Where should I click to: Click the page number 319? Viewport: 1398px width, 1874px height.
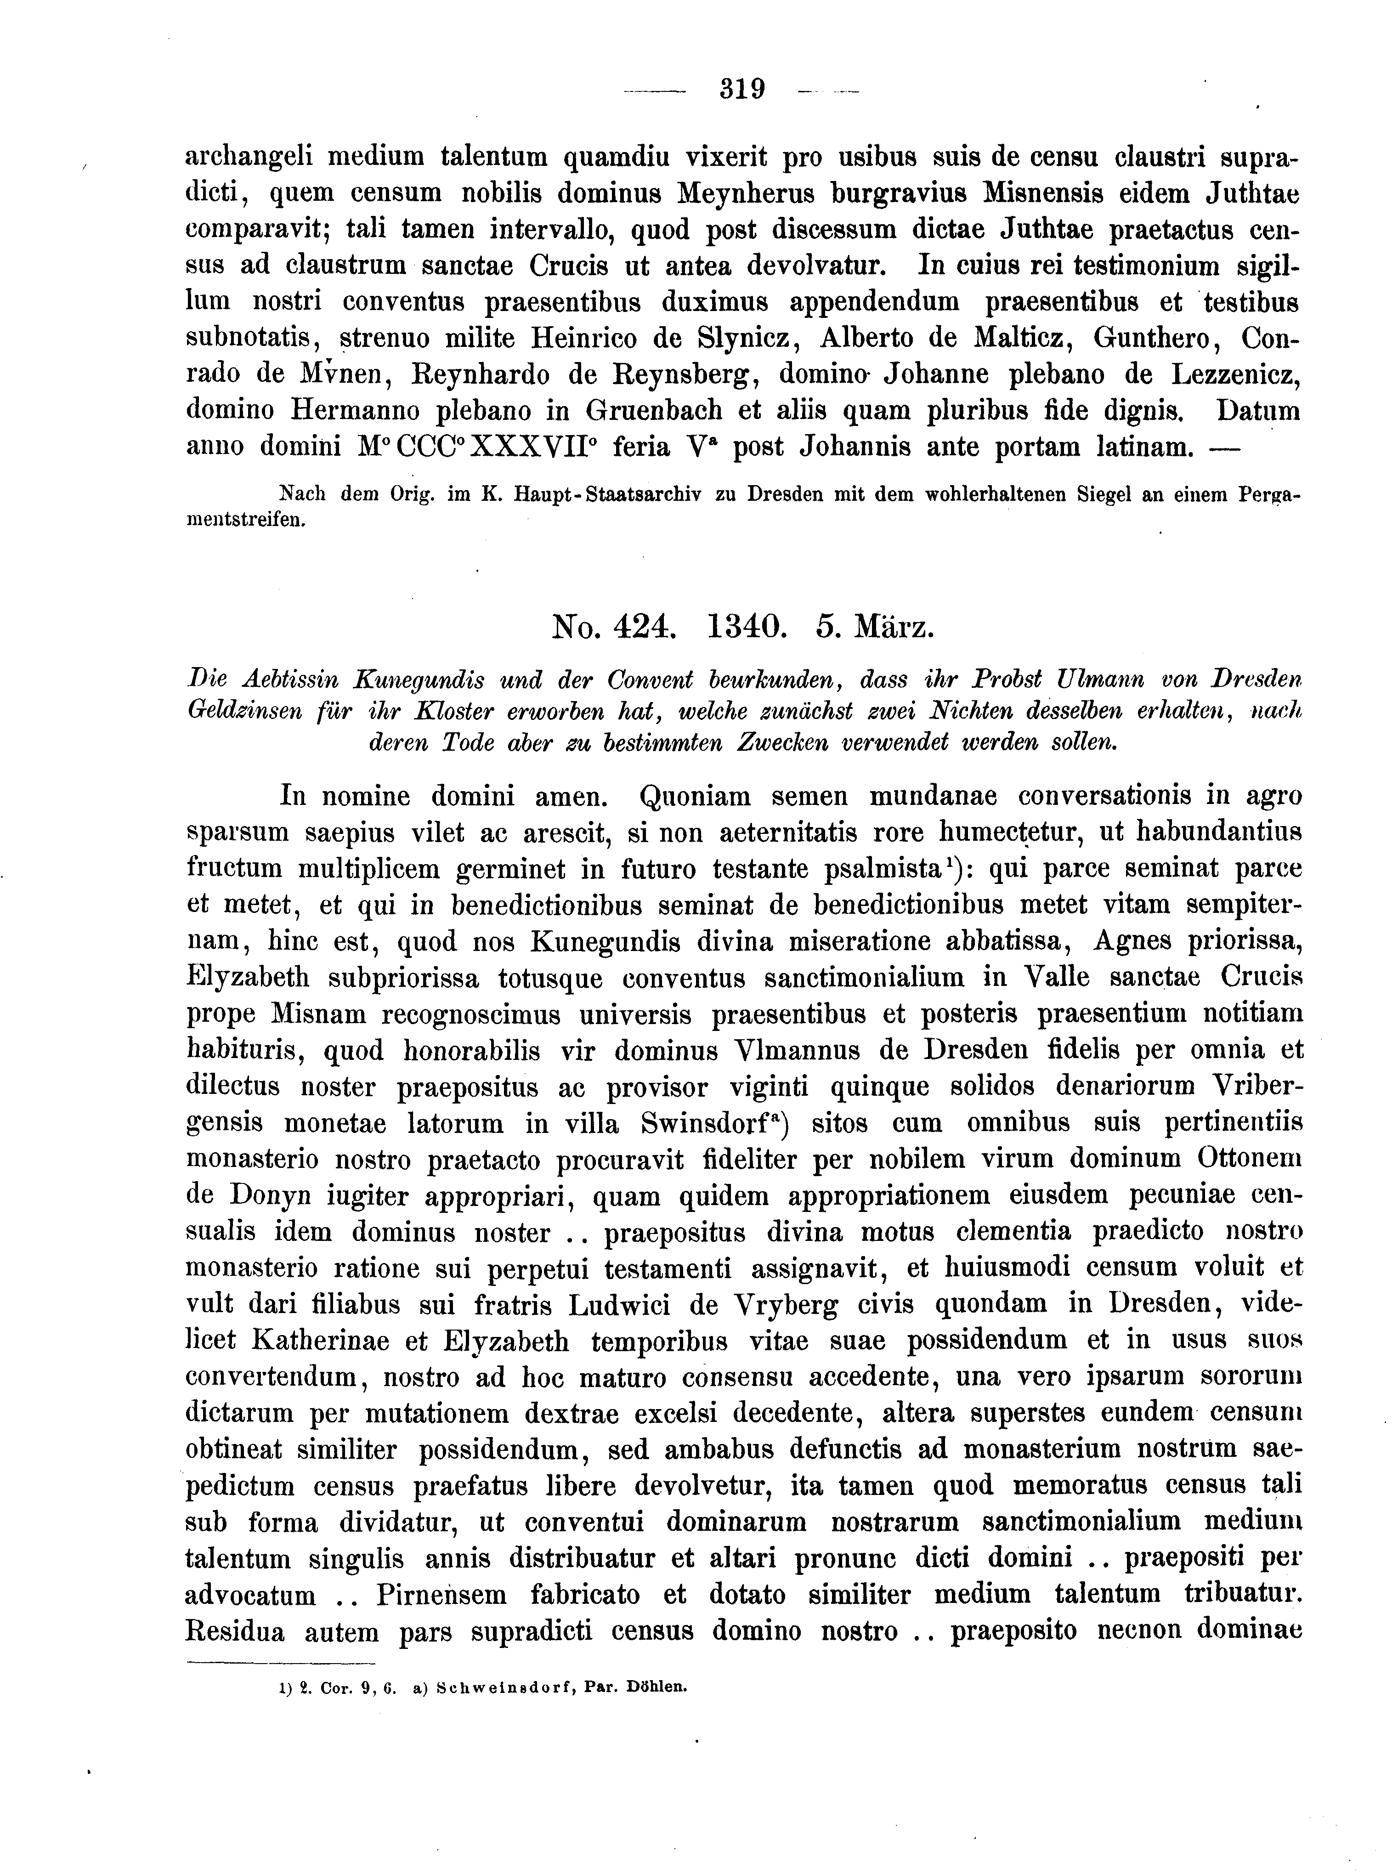pyautogui.click(x=742, y=89)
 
